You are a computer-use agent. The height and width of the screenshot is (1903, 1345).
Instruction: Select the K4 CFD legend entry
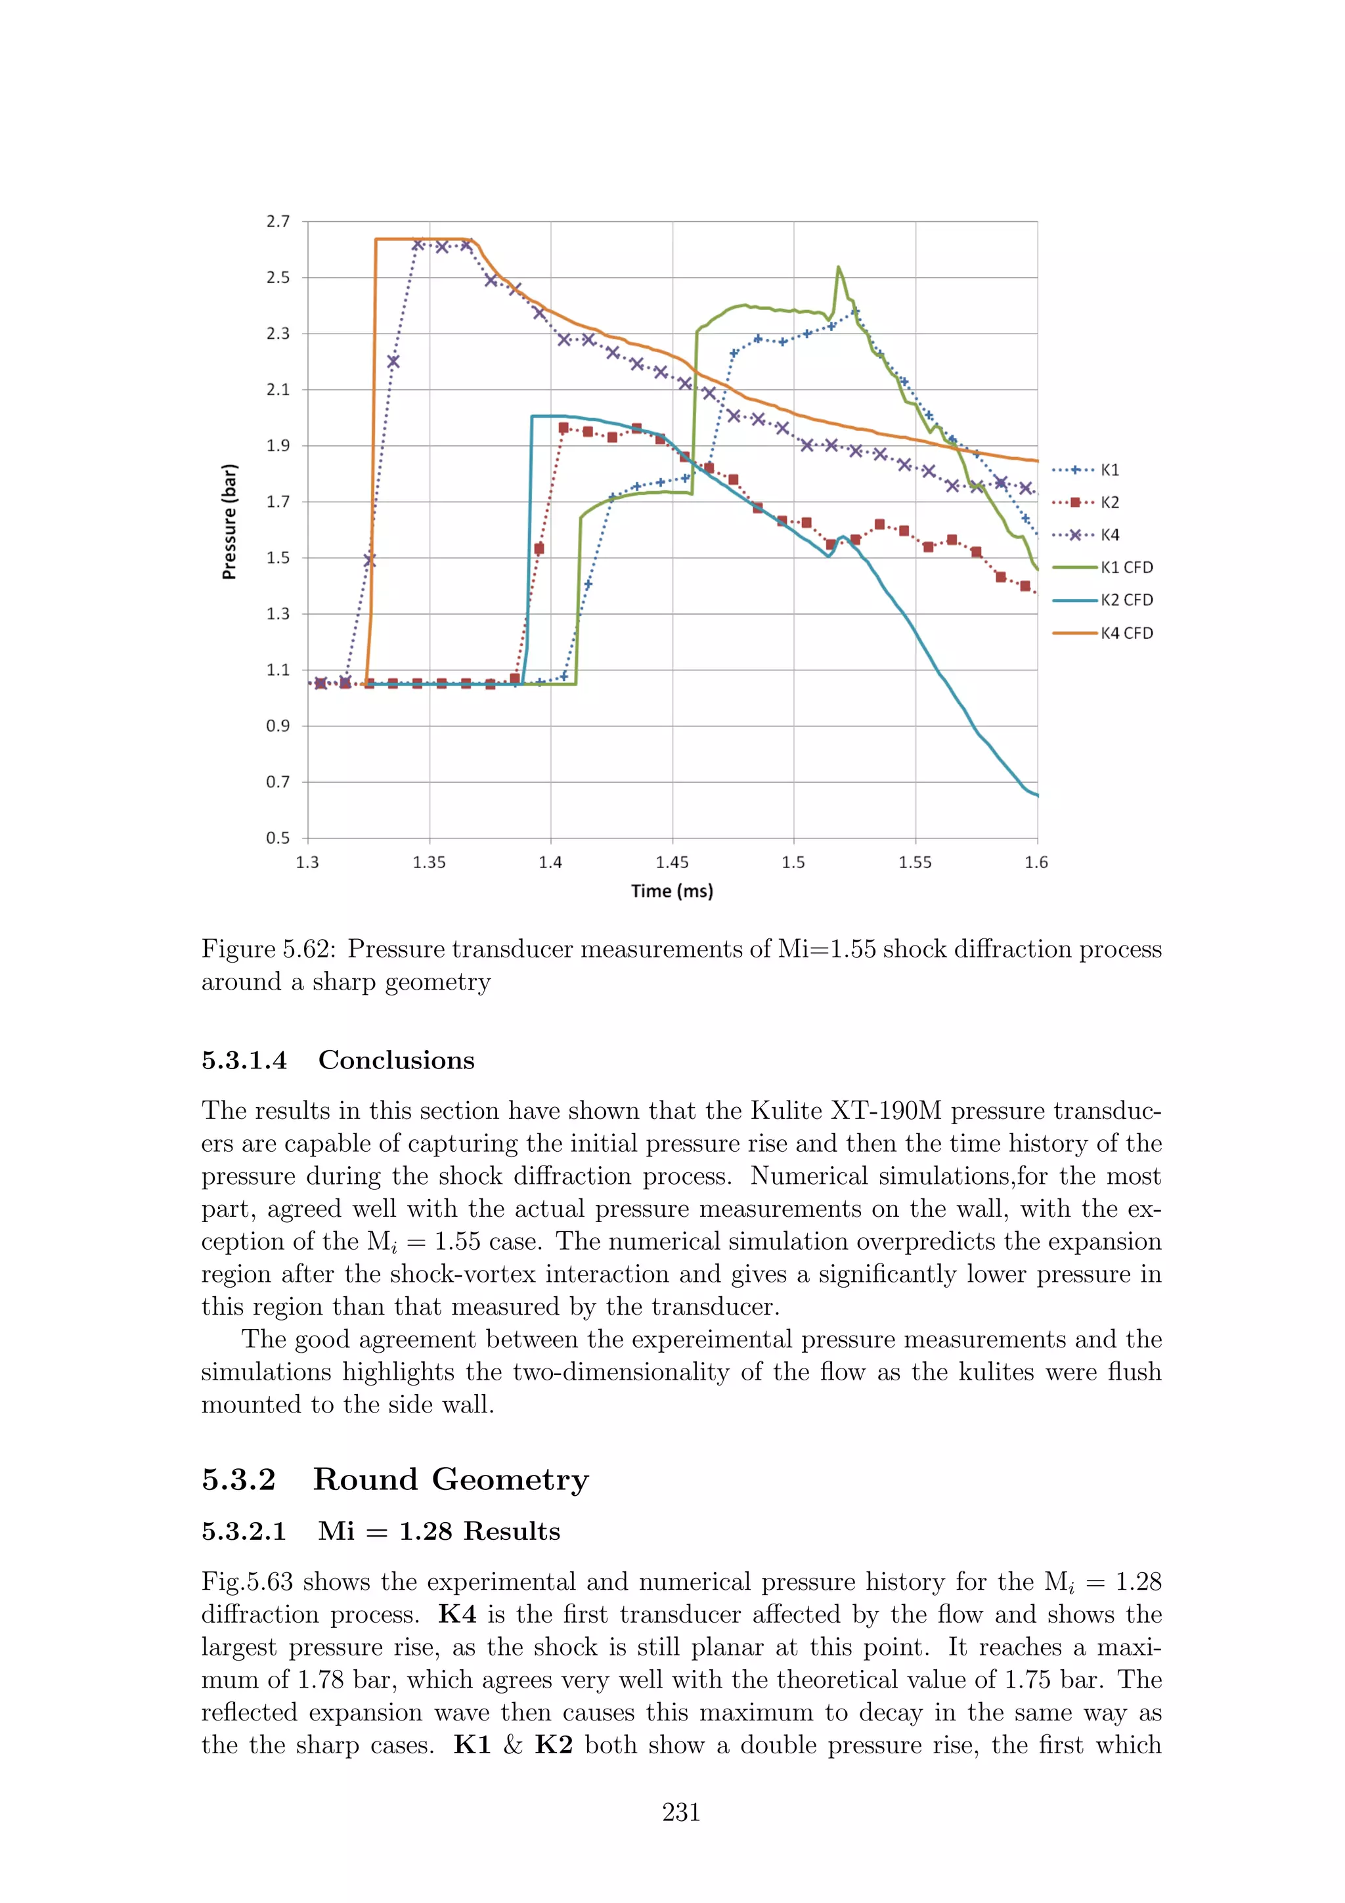pos(1104,633)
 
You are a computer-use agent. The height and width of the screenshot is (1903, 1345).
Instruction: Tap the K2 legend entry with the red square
pos(1086,502)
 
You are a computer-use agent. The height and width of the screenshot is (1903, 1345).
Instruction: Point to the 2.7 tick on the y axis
pos(278,221)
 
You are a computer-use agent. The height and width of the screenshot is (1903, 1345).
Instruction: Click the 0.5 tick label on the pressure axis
pos(278,838)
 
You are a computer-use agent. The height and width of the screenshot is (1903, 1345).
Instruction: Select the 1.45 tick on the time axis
pos(672,863)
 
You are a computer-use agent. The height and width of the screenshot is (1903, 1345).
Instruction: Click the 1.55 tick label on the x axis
pos(915,863)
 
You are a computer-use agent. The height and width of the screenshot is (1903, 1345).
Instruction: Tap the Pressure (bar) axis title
pos(230,521)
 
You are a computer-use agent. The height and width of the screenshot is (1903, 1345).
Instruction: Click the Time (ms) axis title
pos(672,891)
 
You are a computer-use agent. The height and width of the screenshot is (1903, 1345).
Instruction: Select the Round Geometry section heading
pos(451,1479)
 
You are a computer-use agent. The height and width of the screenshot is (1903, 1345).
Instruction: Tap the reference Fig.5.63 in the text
pos(247,1583)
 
